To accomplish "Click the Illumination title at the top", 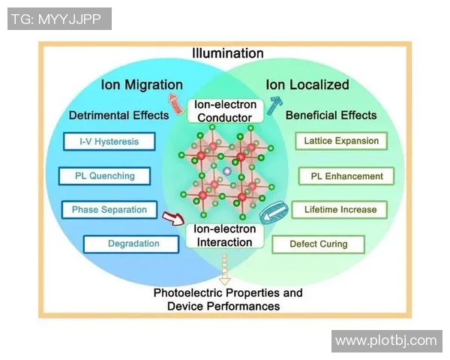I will pyautogui.click(x=228, y=53).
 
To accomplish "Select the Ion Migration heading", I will pyautogui.click(x=142, y=85).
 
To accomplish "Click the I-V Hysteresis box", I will pyautogui.click(x=108, y=142).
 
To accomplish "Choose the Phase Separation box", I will pyautogui.click(x=109, y=210).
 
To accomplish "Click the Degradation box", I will pyautogui.click(x=133, y=244).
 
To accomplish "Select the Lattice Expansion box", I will pyautogui.click(x=341, y=141).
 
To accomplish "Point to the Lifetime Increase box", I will pyautogui.click(x=340, y=210).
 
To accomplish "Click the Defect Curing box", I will pyautogui.click(x=319, y=244).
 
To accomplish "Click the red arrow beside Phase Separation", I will pyautogui.click(x=173, y=219).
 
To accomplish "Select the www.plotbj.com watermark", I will pyautogui.click(x=385, y=341).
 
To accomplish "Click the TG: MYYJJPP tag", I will pyautogui.click(x=59, y=19).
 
